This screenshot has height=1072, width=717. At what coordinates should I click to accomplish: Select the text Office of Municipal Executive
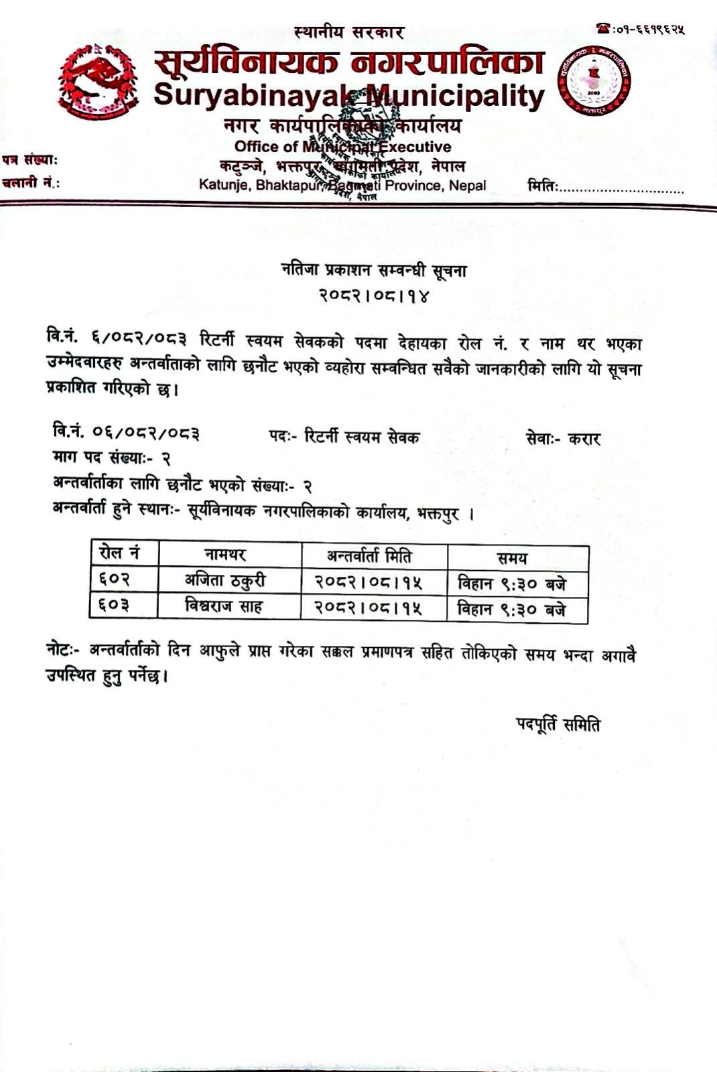pyautogui.click(x=342, y=147)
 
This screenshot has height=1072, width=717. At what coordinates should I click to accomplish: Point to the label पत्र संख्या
pyautogui.click(x=29, y=160)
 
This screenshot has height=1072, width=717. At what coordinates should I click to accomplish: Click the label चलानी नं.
pyautogui.click(x=30, y=182)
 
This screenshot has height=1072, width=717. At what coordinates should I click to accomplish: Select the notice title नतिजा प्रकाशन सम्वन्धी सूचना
pyautogui.click(x=373, y=271)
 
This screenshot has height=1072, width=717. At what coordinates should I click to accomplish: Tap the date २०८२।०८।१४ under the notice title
pyautogui.click(x=373, y=295)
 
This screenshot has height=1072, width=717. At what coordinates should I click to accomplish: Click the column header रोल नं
pyautogui.click(x=119, y=553)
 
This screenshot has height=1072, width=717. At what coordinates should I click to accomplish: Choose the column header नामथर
pyautogui.click(x=224, y=555)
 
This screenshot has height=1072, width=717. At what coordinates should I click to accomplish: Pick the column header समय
pyautogui.click(x=512, y=557)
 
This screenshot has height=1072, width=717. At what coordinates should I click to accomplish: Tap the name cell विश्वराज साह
pyautogui.click(x=224, y=606)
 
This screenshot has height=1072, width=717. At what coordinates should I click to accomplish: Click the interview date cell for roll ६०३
pyautogui.click(x=369, y=608)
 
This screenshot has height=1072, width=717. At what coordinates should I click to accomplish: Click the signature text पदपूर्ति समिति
pyautogui.click(x=558, y=724)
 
